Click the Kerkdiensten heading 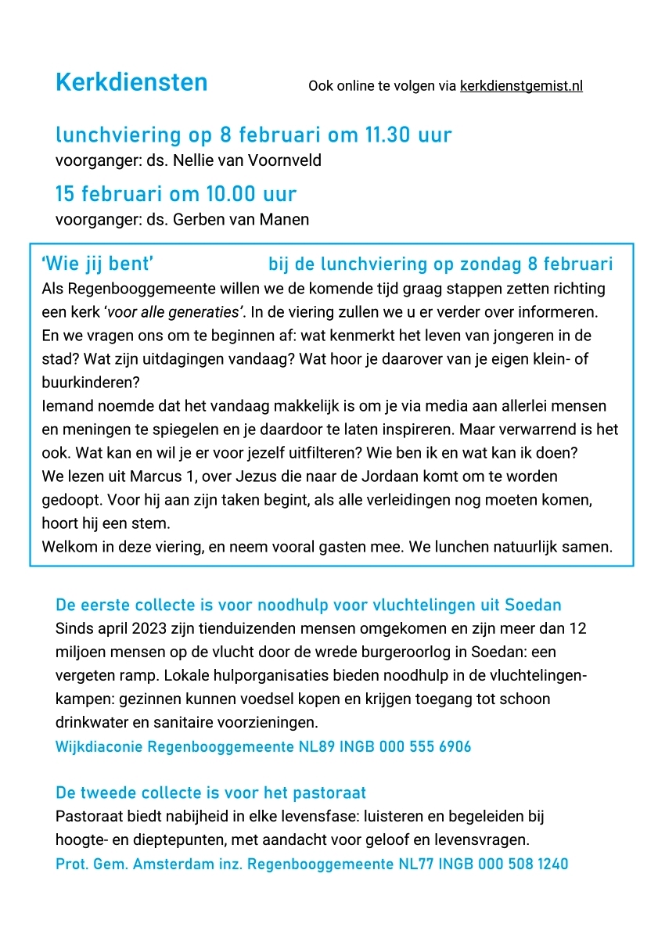click(x=131, y=82)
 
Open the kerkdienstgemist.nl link click(x=521, y=86)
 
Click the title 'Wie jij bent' click(x=96, y=264)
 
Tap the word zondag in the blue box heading click(x=498, y=264)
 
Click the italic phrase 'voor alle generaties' click(x=175, y=312)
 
